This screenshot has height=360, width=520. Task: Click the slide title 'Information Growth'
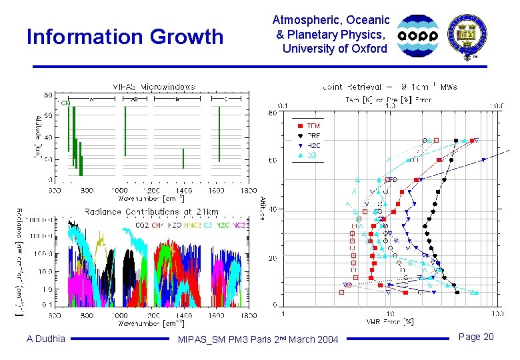[125, 37]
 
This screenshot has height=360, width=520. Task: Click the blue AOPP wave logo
[419, 36]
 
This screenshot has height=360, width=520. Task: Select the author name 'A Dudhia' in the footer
[46, 339]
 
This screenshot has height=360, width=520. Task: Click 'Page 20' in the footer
[476, 337]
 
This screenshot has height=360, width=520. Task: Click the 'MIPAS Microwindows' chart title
[153, 86]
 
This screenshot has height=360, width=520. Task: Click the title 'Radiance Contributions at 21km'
[151, 211]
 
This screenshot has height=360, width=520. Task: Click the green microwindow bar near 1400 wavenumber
[183, 158]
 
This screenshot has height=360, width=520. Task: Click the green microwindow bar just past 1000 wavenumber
[125, 131]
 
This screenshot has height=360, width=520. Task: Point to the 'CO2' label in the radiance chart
[142, 225]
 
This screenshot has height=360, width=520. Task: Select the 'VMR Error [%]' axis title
[391, 322]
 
